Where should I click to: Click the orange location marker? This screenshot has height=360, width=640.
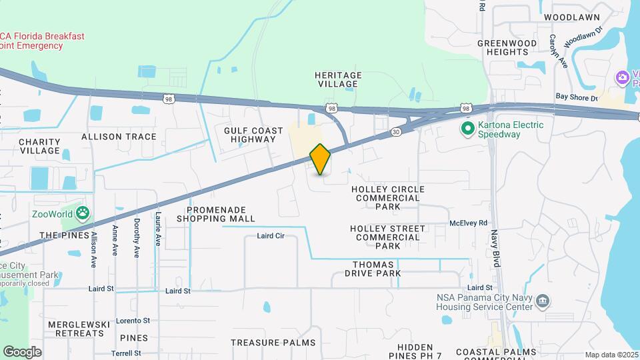pyautogui.click(x=320, y=159)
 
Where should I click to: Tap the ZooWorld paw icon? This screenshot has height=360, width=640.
pyautogui.click(x=83, y=213)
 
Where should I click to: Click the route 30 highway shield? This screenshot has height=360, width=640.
pyautogui.click(x=396, y=132)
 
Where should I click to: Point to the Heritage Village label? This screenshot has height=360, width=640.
pyautogui.click(x=338, y=79)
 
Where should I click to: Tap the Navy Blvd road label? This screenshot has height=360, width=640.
pyautogui.click(x=495, y=248)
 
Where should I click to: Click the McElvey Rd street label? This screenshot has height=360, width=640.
pyautogui.click(x=469, y=223)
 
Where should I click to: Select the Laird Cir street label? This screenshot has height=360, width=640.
pyautogui.click(x=271, y=236)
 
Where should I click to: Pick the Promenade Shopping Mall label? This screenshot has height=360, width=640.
pyautogui.click(x=216, y=214)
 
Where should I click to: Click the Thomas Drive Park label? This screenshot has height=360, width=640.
pyautogui.click(x=377, y=269)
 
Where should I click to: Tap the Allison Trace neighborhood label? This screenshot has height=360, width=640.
pyautogui.click(x=119, y=137)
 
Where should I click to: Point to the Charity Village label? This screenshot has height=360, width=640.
pyautogui.click(x=39, y=146)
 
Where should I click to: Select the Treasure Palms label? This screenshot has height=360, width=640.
pyautogui.click(x=273, y=343)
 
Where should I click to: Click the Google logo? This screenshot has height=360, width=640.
pyautogui.click(x=22, y=351)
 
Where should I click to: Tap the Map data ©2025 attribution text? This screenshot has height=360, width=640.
pyautogui.click(x=611, y=355)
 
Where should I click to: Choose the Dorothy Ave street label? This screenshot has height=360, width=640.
pyautogui.click(x=137, y=238)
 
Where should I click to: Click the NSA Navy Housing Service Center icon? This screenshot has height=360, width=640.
pyautogui.click(x=543, y=301)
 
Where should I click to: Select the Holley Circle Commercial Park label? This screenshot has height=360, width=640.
pyautogui.click(x=387, y=198)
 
